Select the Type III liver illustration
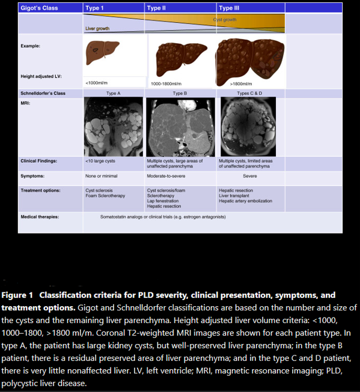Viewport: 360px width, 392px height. click(x=249, y=58)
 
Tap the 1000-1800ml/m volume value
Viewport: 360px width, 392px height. click(x=167, y=83)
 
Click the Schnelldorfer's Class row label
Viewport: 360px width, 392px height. click(x=43, y=93)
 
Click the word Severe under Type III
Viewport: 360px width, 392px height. click(x=250, y=176)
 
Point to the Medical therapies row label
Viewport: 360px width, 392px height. click(x=40, y=216)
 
